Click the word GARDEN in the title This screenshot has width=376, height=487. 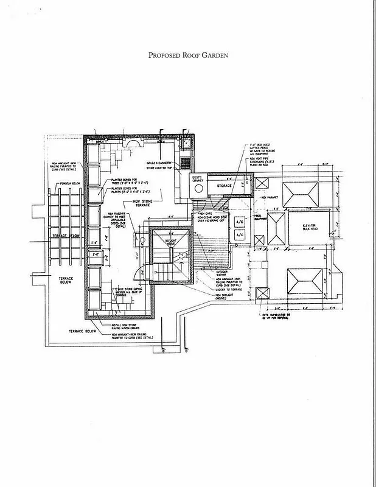(212, 55)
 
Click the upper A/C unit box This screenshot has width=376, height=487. (239, 223)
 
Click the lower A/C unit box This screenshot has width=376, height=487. (239, 234)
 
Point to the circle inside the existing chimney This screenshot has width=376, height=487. (198, 189)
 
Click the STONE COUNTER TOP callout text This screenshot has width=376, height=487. (160, 168)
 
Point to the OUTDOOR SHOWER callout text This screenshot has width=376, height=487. (223, 272)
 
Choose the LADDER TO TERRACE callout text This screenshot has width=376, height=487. (229, 289)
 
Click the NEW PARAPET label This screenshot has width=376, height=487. (269, 197)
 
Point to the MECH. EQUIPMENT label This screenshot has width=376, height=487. (257, 217)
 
